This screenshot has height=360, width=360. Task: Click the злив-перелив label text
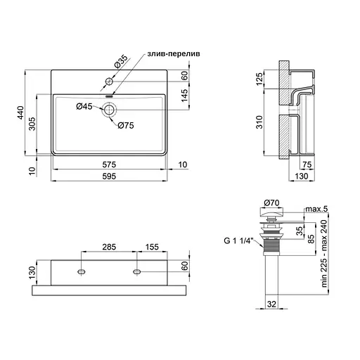pos(174,54)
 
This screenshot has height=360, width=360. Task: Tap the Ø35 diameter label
pos(121,61)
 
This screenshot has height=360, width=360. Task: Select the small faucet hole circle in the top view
pos(109,82)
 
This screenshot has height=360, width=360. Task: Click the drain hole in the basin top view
pos(109,110)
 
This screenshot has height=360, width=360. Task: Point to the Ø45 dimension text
pos(84,107)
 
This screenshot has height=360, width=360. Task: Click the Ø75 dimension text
pos(126,126)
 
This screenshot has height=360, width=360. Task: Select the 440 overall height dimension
pos(20,112)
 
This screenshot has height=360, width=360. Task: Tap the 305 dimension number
pos(32,124)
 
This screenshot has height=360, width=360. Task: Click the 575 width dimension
pos(109,165)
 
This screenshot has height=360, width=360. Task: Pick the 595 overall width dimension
pos(109,176)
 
